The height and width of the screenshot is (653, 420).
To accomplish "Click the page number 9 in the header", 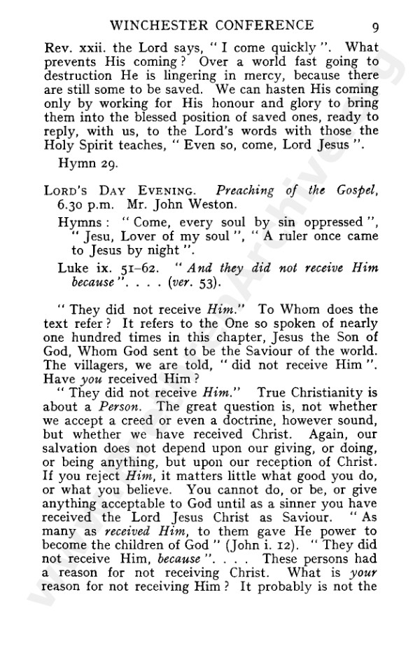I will pyautogui.click(x=376, y=27).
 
